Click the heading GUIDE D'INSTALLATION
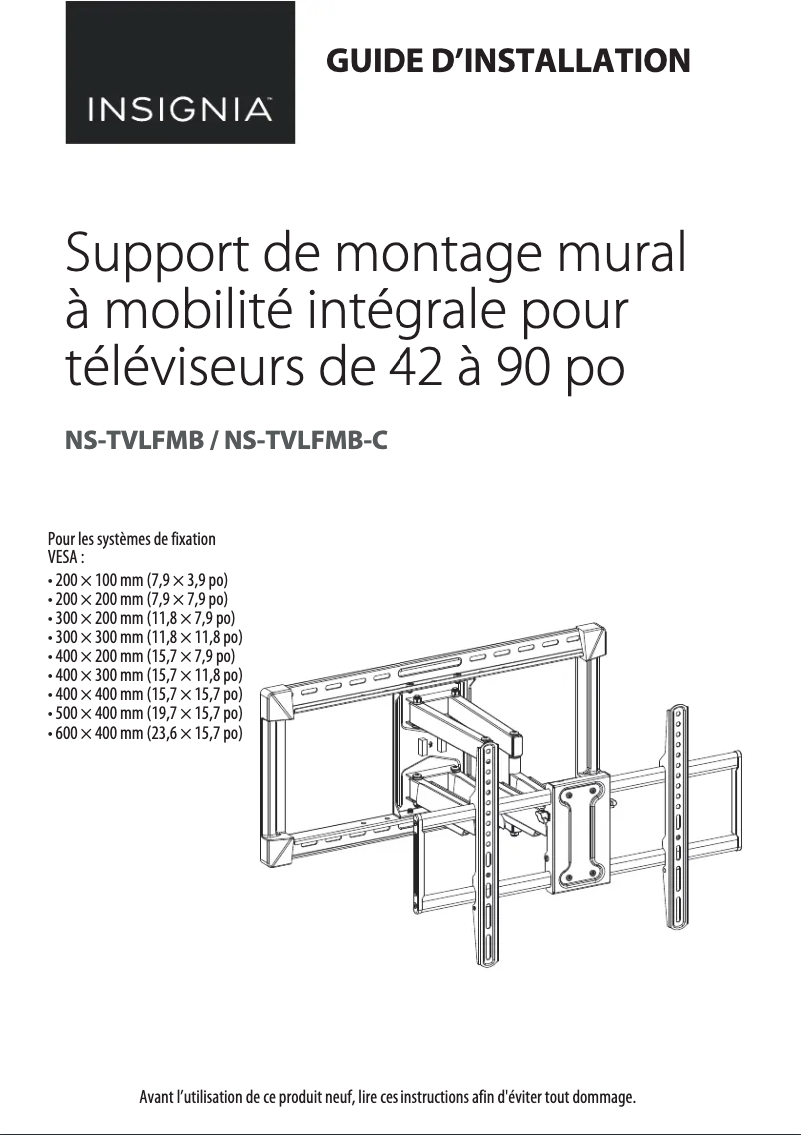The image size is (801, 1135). [x=508, y=60]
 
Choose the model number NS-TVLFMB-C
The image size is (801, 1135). [x=306, y=440]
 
